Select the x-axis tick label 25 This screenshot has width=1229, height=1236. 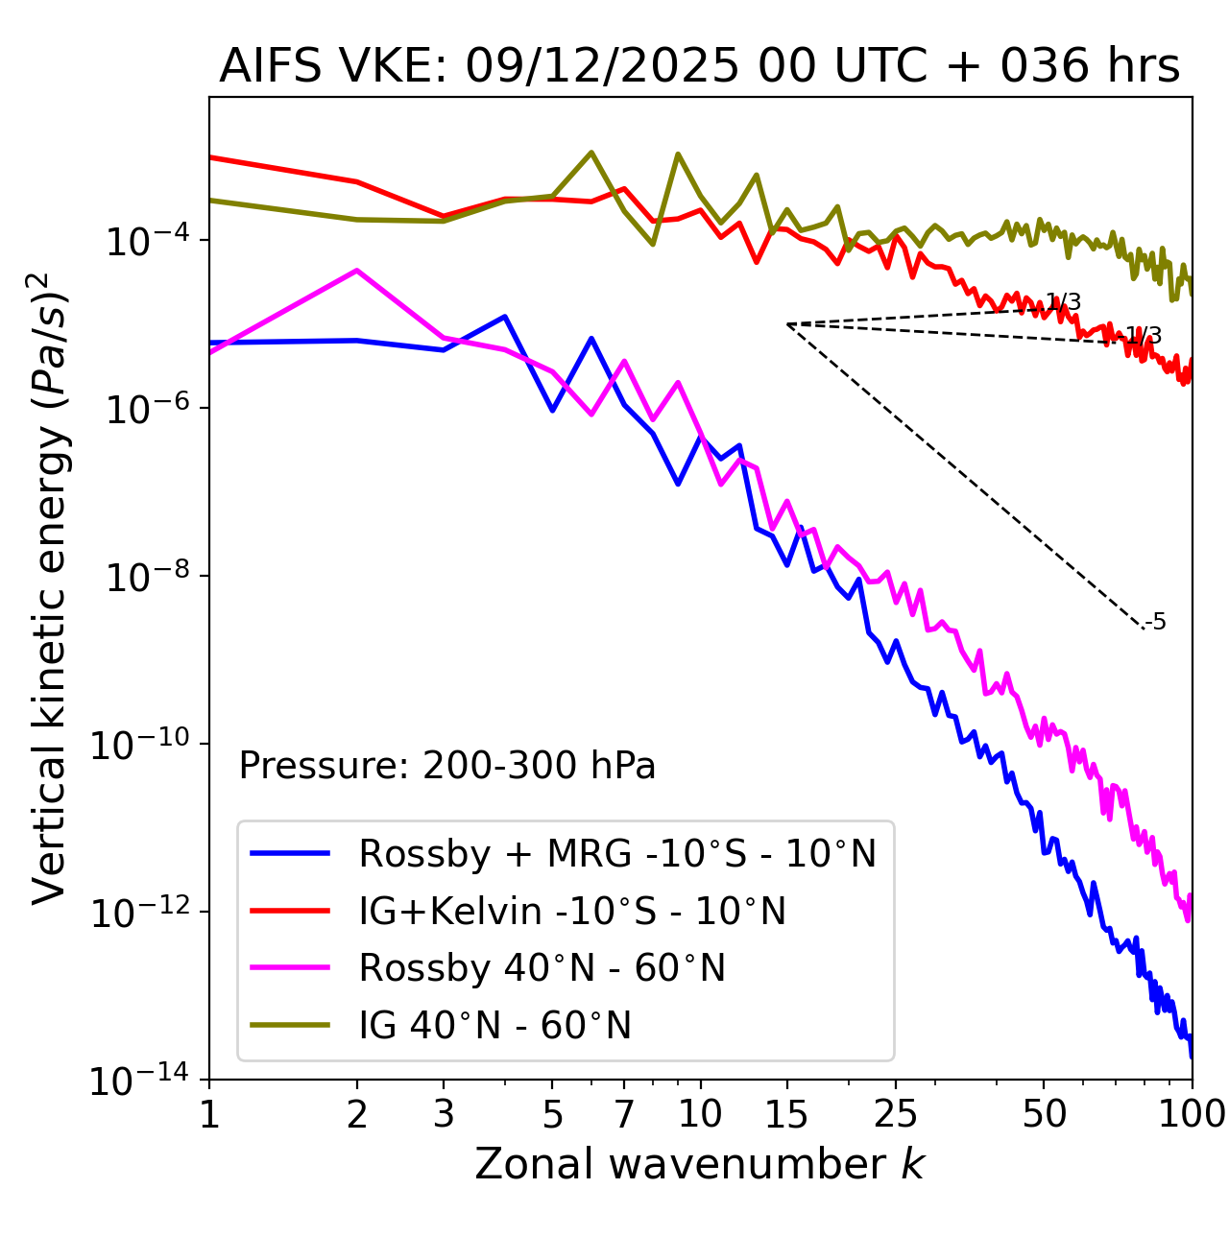click(x=895, y=1113)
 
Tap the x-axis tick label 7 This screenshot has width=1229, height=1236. click(x=624, y=1113)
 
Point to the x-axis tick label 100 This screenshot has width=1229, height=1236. click(x=1192, y=1113)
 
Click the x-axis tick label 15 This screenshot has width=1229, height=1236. click(x=787, y=1113)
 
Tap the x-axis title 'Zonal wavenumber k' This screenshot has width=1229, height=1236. click(x=699, y=1164)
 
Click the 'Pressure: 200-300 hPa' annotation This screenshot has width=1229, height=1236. click(x=447, y=766)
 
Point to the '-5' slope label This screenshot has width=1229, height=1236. click(x=1157, y=623)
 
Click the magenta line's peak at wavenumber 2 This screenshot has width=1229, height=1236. click(x=357, y=271)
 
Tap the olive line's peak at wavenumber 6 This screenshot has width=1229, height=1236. click(x=591, y=153)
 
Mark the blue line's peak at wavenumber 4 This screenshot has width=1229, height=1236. click(x=505, y=316)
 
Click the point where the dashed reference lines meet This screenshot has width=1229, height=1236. click(x=787, y=324)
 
